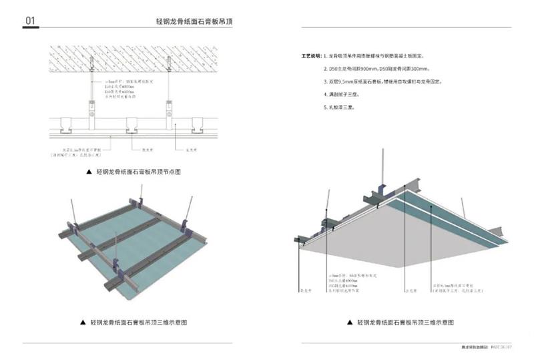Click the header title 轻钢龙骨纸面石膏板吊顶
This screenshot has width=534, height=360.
[194, 21]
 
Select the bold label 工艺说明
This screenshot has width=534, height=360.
[312, 57]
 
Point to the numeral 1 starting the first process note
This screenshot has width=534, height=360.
[326, 57]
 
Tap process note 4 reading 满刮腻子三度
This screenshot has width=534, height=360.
[344, 94]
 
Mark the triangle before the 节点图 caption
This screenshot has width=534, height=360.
[88, 172]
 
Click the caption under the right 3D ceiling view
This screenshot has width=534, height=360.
[405, 322]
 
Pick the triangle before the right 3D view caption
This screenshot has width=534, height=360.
[348, 322]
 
